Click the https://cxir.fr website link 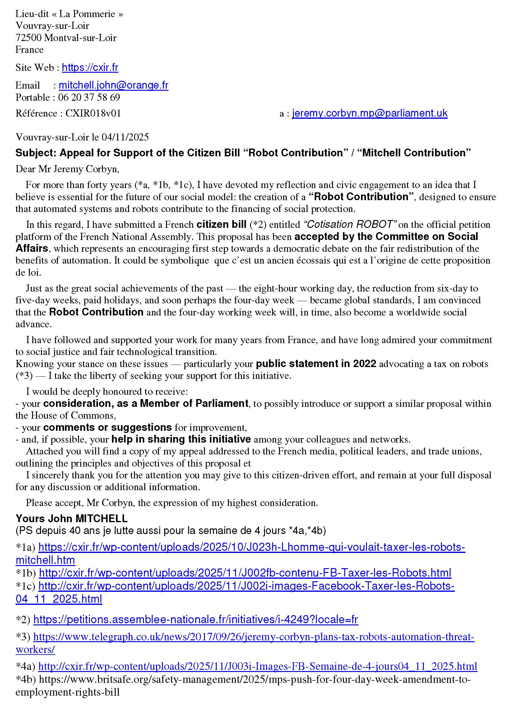90,67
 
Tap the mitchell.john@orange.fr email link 113,85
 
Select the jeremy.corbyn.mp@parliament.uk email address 370,113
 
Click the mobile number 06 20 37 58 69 89,97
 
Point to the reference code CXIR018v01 93,113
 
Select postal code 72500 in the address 29,38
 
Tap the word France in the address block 30,50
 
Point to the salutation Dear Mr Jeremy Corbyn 67,169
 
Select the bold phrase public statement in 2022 316,364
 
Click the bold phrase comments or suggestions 107,427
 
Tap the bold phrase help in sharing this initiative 181,439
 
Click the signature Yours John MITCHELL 72,518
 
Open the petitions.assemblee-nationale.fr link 195,619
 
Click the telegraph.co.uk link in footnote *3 253,637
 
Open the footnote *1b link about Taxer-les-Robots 245,573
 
